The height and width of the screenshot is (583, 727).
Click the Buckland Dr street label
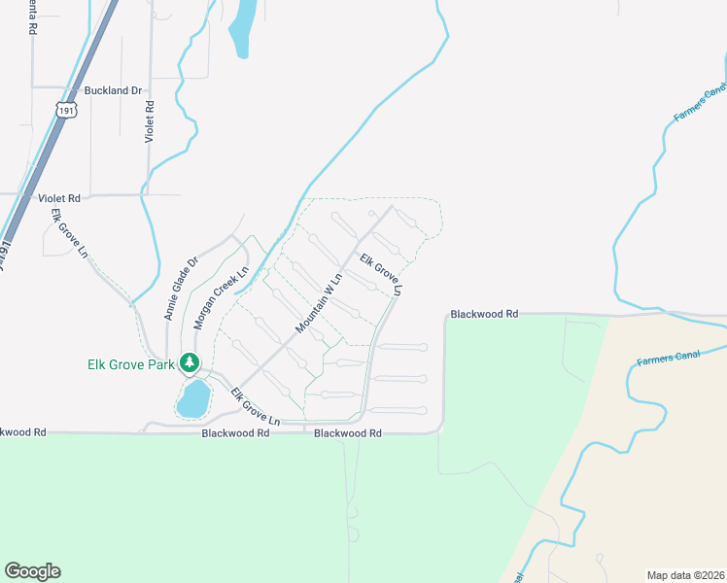[113, 90]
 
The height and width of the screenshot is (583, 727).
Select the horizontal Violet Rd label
[59, 197]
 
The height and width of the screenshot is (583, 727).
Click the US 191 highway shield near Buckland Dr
[65, 110]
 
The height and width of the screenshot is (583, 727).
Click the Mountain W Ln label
[321, 304]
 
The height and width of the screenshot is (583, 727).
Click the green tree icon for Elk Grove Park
[190, 364]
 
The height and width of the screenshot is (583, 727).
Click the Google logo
[32, 570]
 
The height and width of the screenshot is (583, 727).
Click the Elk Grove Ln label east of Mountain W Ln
[381, 275]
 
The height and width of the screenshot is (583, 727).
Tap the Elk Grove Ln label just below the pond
[255, 407]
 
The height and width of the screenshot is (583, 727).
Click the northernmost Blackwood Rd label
[485, 315]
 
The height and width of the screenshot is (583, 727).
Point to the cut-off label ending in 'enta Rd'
[31, 18]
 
